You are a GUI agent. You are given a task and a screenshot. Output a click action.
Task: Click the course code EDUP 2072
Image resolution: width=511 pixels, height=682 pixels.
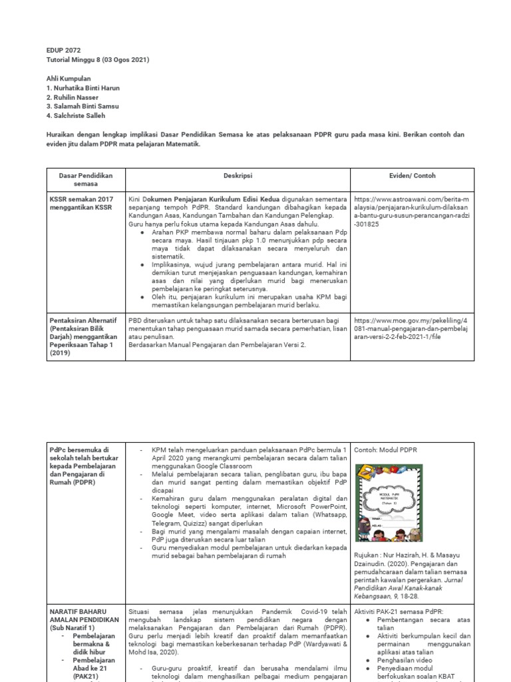point(62,50)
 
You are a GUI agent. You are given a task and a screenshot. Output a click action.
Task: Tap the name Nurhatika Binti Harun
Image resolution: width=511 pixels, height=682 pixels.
point(83,88)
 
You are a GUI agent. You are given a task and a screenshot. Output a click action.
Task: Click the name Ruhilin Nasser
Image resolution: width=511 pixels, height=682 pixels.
point(73,97)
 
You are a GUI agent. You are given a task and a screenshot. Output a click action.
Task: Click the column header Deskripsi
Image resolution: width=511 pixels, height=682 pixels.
point(238,175)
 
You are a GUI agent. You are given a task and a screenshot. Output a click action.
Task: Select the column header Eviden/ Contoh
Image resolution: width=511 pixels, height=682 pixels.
point(412,175)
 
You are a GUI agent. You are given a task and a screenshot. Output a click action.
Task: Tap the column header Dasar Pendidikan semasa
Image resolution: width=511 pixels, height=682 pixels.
point(86,179)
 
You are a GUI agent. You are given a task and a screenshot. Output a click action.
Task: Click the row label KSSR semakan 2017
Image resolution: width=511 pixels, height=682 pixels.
point(81,202)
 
